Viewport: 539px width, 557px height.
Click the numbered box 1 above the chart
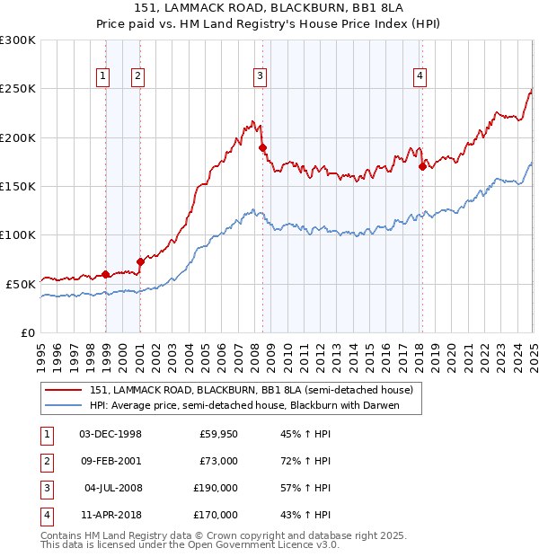coord(105,77)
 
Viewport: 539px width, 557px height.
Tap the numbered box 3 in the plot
coord(259,77)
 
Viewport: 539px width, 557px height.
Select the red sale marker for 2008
coord(262,147)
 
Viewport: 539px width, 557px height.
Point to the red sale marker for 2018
coord(422,166)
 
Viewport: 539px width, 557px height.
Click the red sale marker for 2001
coord(140,261)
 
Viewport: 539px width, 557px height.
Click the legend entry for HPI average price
coord(243,405)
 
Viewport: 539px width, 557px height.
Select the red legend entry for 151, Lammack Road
coord(251,390)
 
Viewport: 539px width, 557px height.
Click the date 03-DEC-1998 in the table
coord(110,434)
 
